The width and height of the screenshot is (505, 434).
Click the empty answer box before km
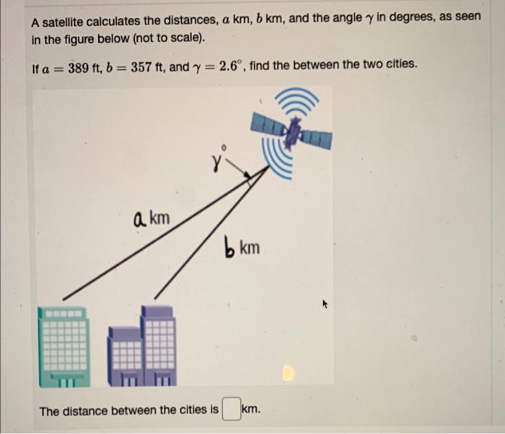230,410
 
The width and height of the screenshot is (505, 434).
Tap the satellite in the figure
292,134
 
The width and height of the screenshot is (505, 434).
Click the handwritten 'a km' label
151,216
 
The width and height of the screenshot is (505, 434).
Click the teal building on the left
64,344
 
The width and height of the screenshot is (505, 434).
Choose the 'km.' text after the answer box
250,410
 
